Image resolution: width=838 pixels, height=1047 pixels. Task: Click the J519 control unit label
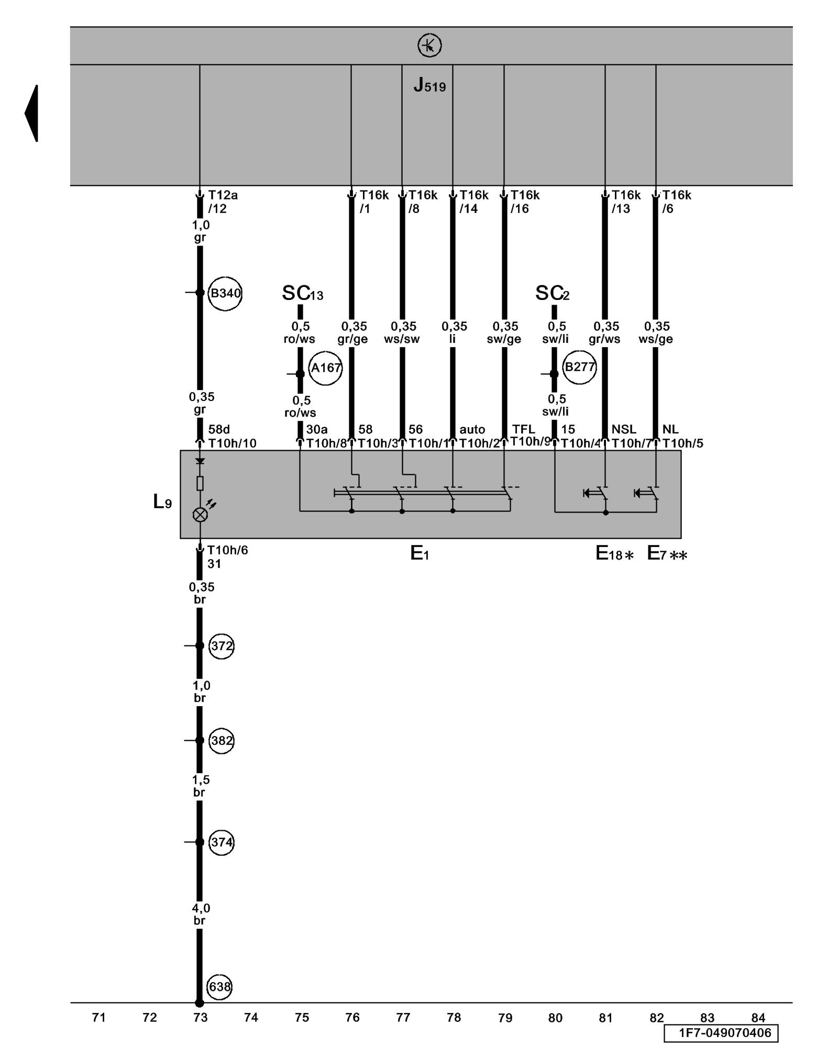[x=429, y=85]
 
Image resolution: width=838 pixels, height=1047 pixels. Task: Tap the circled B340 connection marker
[x=225, y=293]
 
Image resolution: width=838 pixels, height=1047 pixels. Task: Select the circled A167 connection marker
[x=325, y=368]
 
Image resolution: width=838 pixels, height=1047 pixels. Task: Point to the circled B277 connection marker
[x=579, y=367]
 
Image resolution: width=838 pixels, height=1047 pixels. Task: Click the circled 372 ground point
[x=221, y=646]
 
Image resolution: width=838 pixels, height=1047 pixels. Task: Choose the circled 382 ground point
[x=221, y=741]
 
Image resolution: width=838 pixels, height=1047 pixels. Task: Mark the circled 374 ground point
[x=221, y=842]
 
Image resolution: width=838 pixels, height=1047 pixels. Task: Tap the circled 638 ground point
[x=219, y=987]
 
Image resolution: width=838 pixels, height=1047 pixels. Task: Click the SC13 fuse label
[x=302, y=294]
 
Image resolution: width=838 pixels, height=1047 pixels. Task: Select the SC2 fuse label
[x=552, y=294]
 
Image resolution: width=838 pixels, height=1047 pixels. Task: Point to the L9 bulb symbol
[x=200, y=515]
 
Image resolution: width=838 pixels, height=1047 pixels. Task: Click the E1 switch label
[x=419, y=553]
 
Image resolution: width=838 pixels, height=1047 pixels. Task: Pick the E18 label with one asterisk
[x=614, y=554]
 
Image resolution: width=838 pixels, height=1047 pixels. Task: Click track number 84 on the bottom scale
[x=758, y=1018]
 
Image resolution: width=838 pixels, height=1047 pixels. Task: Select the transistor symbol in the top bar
[x=429, y=46]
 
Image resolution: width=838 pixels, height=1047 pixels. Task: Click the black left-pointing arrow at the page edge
[x=32, y=113]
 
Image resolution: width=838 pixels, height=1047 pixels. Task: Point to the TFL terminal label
[x=523, y=429]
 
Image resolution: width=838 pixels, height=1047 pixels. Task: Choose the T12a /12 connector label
[x=222, y=202]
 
